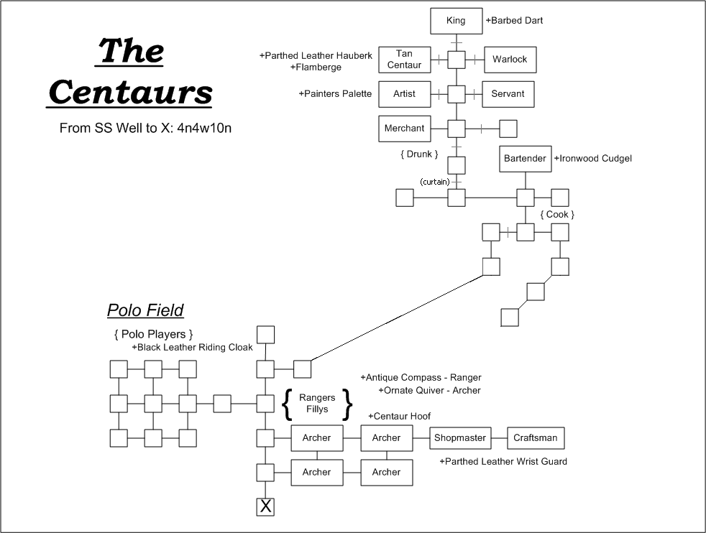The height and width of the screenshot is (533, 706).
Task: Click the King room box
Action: [456, 21]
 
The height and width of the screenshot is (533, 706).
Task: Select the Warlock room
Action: [510, 60]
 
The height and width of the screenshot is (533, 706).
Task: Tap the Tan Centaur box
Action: [404, 60]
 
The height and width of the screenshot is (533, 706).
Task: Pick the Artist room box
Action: [404, 94]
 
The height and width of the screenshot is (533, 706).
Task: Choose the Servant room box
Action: [508, 94]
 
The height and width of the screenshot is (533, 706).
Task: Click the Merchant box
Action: [404, 129]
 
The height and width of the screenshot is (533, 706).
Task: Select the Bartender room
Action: [525, 158]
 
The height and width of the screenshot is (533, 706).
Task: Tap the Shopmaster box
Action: [460, 438]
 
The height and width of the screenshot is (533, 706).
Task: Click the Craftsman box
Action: [536, 438]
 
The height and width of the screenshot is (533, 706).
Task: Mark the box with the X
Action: [266, 507]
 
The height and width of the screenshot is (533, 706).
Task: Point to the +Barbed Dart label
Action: [514, 21]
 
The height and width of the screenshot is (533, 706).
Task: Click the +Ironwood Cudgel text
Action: [593, 158]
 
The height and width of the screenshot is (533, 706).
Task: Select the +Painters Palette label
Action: [336, 94]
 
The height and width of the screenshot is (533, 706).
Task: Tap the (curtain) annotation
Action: [435, 182]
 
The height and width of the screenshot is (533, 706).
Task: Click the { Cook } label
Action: [557, 215]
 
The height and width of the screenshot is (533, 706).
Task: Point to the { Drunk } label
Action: [419, 154]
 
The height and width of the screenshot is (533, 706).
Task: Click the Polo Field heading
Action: [145, 310]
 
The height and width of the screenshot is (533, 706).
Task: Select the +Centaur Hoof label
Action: [400, 416]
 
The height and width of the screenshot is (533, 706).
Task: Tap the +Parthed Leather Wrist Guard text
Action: [503, 461]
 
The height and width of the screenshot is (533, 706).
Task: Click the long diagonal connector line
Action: [397, 318]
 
